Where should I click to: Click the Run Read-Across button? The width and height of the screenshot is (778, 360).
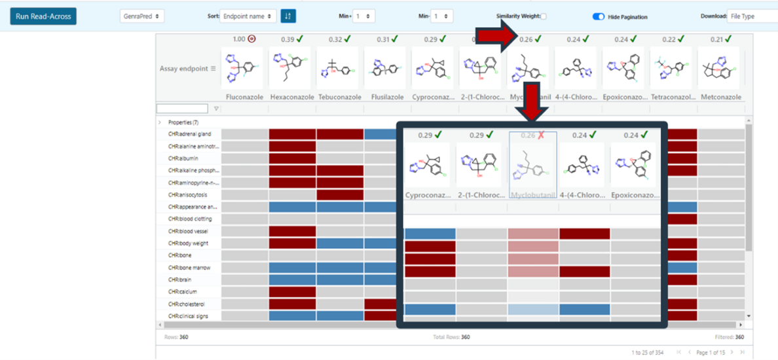43,16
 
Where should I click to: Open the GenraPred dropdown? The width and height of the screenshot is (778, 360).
142,16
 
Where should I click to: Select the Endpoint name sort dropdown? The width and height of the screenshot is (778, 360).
248,16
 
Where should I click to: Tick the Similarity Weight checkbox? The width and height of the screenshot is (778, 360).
544,16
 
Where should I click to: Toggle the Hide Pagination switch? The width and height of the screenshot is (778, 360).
598,16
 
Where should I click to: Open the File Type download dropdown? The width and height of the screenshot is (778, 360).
752,16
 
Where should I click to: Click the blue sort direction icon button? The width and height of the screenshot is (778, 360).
288,16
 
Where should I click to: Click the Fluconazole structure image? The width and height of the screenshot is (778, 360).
244,67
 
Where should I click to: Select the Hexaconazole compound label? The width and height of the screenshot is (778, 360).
291,97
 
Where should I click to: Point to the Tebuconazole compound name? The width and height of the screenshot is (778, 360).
339,97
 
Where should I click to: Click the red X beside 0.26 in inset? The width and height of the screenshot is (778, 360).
541,135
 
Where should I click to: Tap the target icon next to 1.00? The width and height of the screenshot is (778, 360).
252,39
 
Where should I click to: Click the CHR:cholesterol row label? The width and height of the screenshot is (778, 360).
190,304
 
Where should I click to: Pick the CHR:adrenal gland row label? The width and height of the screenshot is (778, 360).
189,134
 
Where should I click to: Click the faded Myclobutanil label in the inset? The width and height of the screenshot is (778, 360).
533,195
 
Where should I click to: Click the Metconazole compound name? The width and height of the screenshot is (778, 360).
720,97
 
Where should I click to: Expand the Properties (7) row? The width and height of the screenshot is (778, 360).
160,122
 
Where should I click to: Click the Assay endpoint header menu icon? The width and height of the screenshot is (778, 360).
213,68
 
